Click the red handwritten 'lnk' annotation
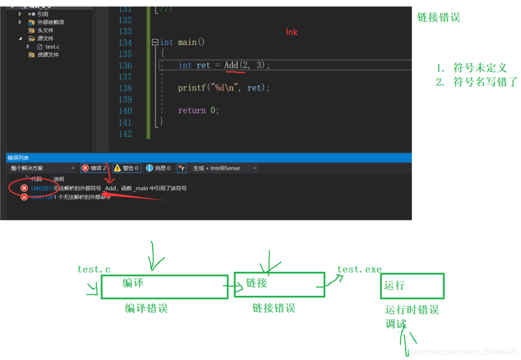tap(292, 32)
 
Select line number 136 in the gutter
tap(125, 65)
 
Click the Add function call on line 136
tap(231, 65)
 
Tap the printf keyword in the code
tap(191, 88)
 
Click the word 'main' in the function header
tap(187, 42)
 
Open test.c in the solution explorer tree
tap(52, 47)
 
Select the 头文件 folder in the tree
tap(45, 30)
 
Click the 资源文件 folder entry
tap(48, 55)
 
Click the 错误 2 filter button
tap(94, 168)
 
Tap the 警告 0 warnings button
tap(126, 168)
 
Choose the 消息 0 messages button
tap(159, 168)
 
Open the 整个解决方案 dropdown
tap(42, 168)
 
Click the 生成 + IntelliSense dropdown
tap(224, 168)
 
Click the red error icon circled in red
tap(24, 188)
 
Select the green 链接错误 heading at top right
tap(438, 18)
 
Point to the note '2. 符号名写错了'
tap(476, 82)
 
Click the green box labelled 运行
tap(412, 286)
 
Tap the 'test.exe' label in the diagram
tap(359, 270)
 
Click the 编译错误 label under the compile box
tap(146, 308)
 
